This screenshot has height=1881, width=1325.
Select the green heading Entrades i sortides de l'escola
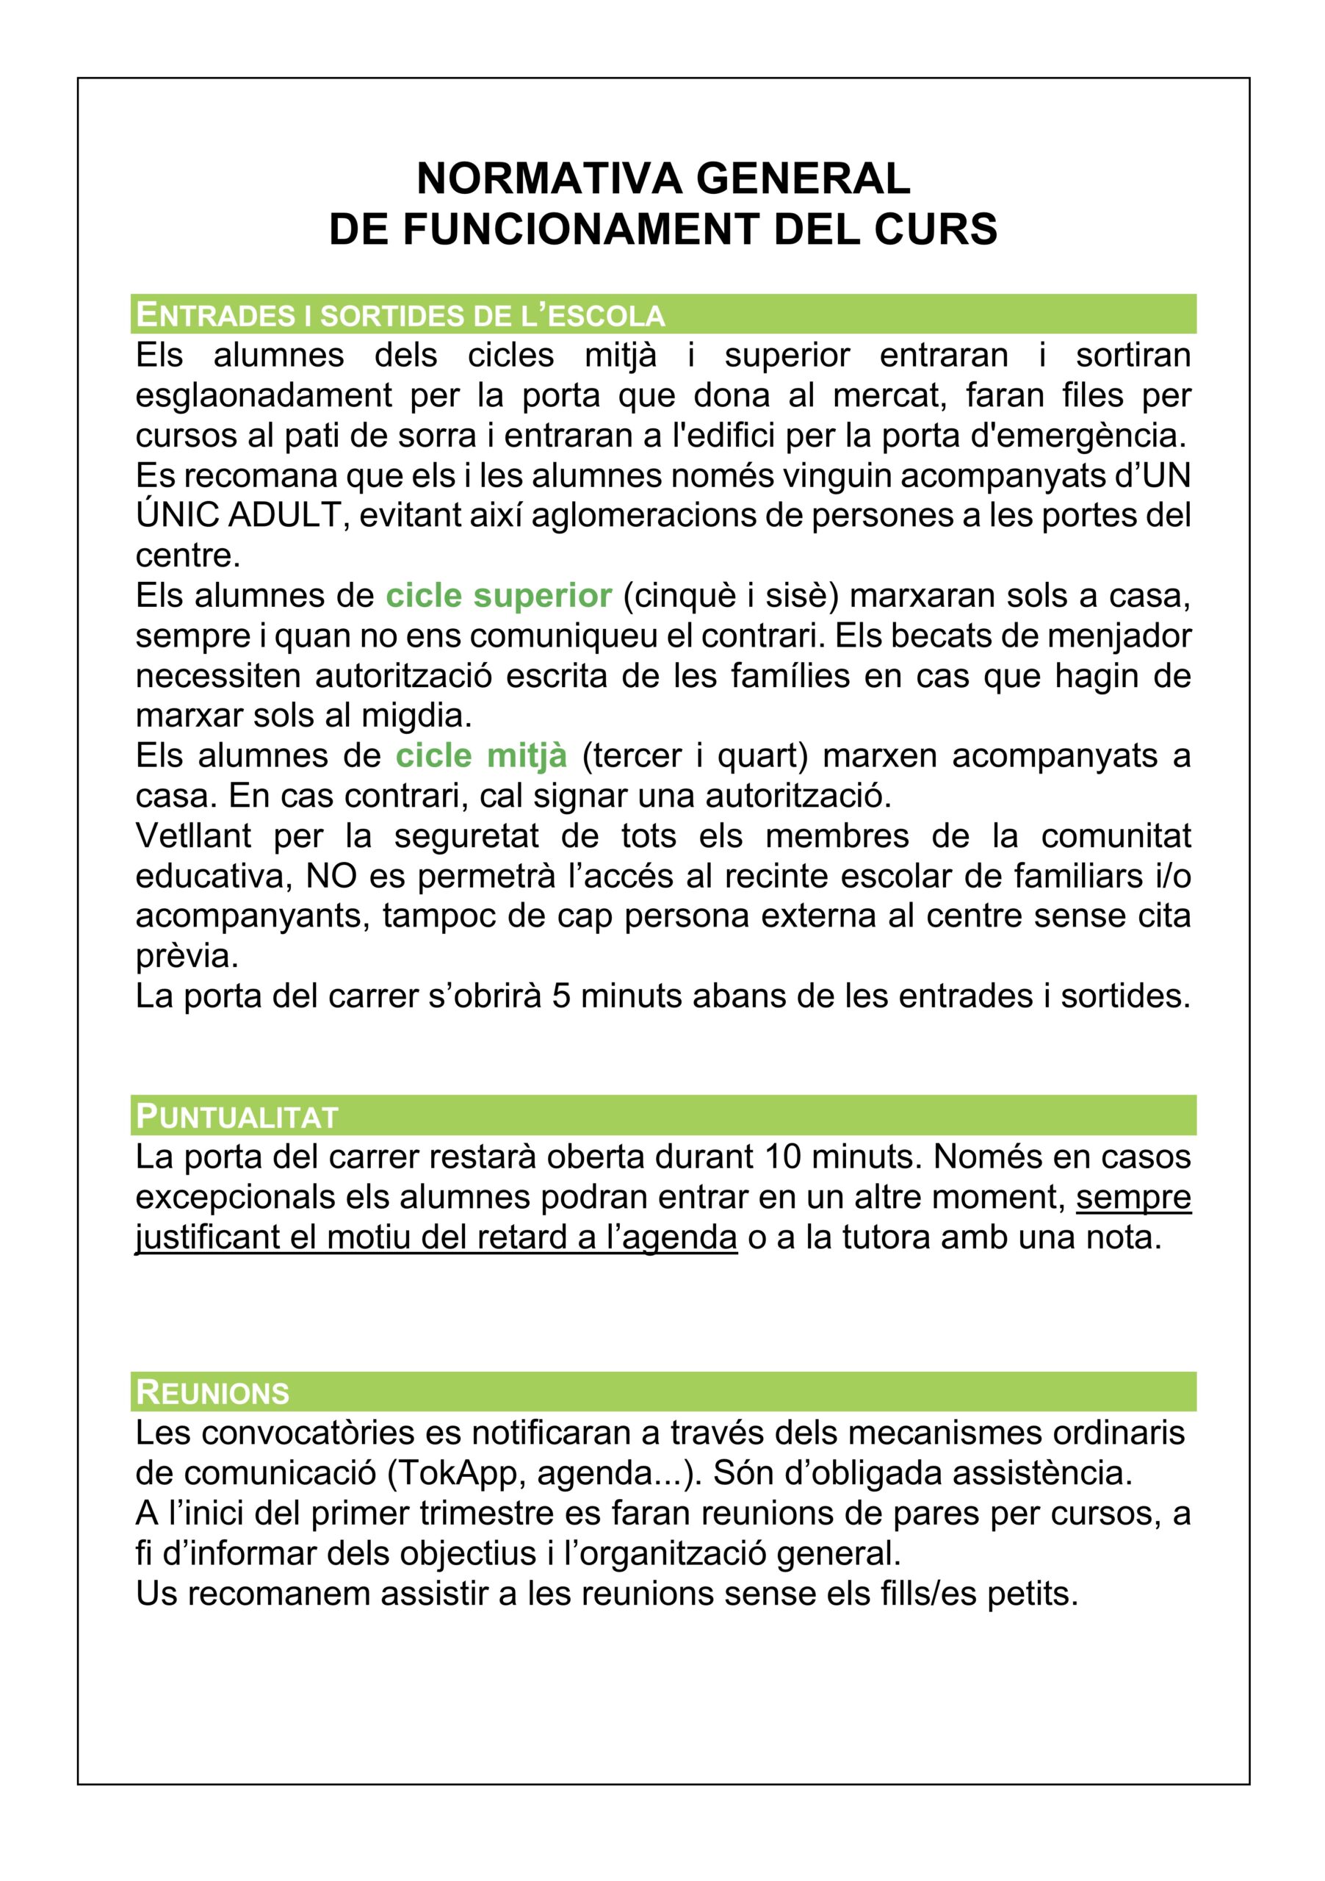[x=400, y=314]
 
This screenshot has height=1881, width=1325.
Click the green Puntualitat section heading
[x=237, y=1116]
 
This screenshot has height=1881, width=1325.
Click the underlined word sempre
[x=1133, y=1197]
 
